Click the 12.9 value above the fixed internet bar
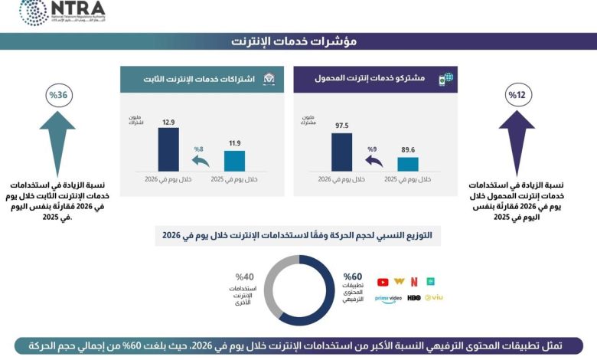click(168, 122)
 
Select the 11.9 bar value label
click(233, 143)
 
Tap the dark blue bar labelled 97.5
click(341, 152)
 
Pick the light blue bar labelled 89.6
click(407, 163)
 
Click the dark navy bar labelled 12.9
click(168, 149)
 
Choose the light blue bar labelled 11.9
click(234, 161)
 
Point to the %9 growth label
click(373, 149)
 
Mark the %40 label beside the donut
click(244, 277)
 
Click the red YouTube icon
click(383, 282)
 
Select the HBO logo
click(413, 297)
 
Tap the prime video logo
click(388, 297)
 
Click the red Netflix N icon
click(414, 282)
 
